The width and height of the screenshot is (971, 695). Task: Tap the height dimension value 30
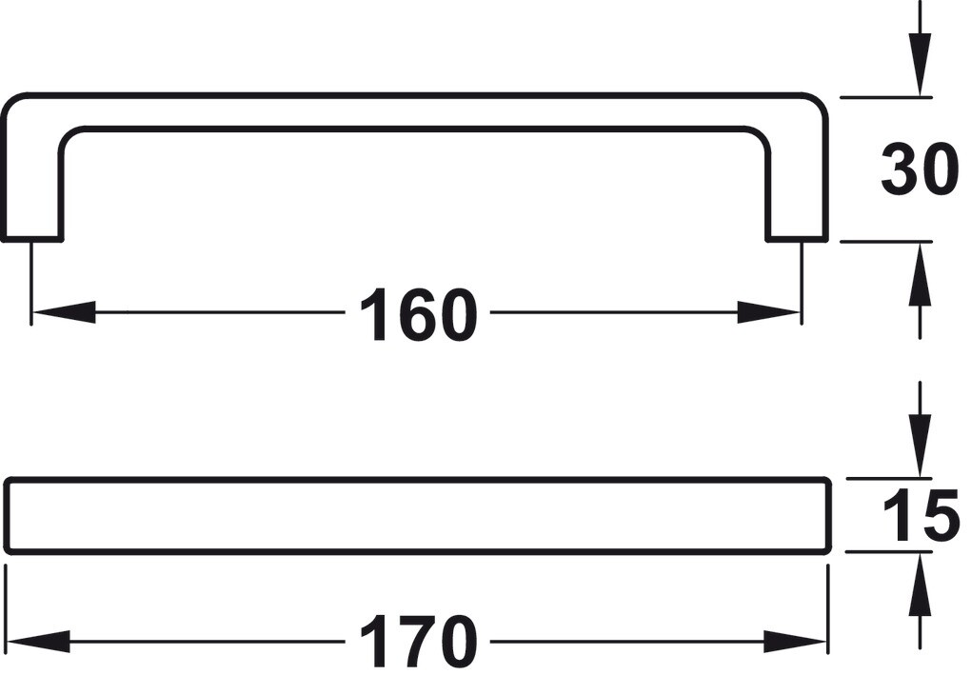click(918, 170)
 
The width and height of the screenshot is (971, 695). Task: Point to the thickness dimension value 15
click(920, 516)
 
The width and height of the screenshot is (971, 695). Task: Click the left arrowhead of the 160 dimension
click(63, 312)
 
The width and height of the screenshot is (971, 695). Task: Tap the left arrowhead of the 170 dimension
click(38, 642)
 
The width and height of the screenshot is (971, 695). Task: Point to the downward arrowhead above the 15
click(920, 447)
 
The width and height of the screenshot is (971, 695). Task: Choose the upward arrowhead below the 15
click(920, 584)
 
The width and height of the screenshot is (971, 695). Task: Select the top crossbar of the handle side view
click(415, 111)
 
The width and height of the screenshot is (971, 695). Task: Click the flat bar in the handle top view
click(415, 515)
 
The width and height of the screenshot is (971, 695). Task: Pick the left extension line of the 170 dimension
click(7, 609)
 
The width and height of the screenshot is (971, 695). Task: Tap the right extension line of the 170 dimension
click(828, 609)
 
